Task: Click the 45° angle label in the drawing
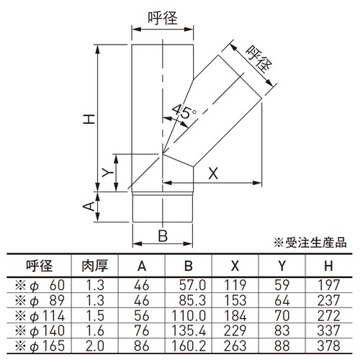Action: tap(184, 111)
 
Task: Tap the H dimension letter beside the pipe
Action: tap(89, 119)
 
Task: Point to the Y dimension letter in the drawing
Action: tap(107, 172)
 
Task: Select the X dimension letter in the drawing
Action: tap(213, 174)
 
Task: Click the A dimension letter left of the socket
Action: tap(89, 207)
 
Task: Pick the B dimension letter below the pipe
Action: tap(163, 235)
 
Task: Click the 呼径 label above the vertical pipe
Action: tap(163, 18)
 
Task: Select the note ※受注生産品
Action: tap(310, 243)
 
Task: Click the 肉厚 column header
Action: tap(95, 266)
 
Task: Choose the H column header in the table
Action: tap(328, 266)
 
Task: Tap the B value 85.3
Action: tap(192, 300)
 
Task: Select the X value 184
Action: tap(235, 315)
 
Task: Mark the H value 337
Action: tap(328, 330)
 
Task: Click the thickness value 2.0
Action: tap(95, 346)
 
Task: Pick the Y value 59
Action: tap(282, 285)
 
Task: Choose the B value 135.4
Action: tap(189, 330)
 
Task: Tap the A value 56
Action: tap(142, 315)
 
